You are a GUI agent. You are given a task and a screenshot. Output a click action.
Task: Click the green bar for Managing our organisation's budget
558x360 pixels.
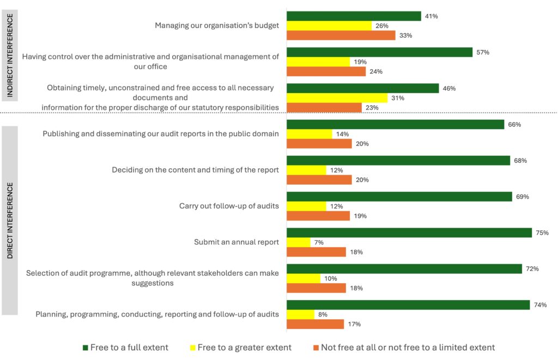[x=354, y=16]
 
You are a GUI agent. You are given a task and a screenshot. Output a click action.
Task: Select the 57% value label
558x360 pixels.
[x=483, y=52]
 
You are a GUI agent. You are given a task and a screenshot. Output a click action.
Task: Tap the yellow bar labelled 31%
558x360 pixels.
[x=337, y=98]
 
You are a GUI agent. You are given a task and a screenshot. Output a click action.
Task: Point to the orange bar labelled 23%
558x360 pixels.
[x=324, y=108]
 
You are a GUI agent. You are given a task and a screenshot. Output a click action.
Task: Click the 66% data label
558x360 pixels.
[x=514, y=124]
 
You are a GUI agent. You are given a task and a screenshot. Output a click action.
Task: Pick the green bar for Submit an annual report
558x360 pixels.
[x=409, y=233]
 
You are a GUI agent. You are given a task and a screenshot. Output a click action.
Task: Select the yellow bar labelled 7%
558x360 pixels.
[x=299, y=242]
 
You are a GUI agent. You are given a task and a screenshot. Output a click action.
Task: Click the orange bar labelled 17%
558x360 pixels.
[x=315, y=324]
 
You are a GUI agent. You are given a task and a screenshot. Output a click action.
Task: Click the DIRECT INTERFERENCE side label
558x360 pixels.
[x=10, y=221]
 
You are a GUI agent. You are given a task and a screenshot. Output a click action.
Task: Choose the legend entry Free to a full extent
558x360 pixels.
[x=129, y=347]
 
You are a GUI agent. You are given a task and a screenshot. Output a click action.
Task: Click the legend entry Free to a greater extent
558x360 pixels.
[x=244, y=347]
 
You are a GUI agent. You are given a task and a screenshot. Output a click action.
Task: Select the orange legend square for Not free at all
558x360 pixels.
[x=316, y=347]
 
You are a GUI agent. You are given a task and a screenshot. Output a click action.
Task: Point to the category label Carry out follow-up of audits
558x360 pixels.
[x=229, y=206]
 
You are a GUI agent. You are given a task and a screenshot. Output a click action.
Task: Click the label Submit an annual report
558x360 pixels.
[x=236, y=242]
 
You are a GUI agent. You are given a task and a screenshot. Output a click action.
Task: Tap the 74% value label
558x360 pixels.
[x=539, y=304]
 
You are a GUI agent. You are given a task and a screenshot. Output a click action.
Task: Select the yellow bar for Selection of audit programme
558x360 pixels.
[x=304, y=278]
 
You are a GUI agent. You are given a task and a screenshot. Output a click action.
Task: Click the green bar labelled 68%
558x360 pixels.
[x=398, y=161]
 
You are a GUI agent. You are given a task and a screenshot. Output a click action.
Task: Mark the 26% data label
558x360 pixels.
[x=382, y=26]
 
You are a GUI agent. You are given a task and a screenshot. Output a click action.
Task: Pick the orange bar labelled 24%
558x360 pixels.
[x=326, y=71]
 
